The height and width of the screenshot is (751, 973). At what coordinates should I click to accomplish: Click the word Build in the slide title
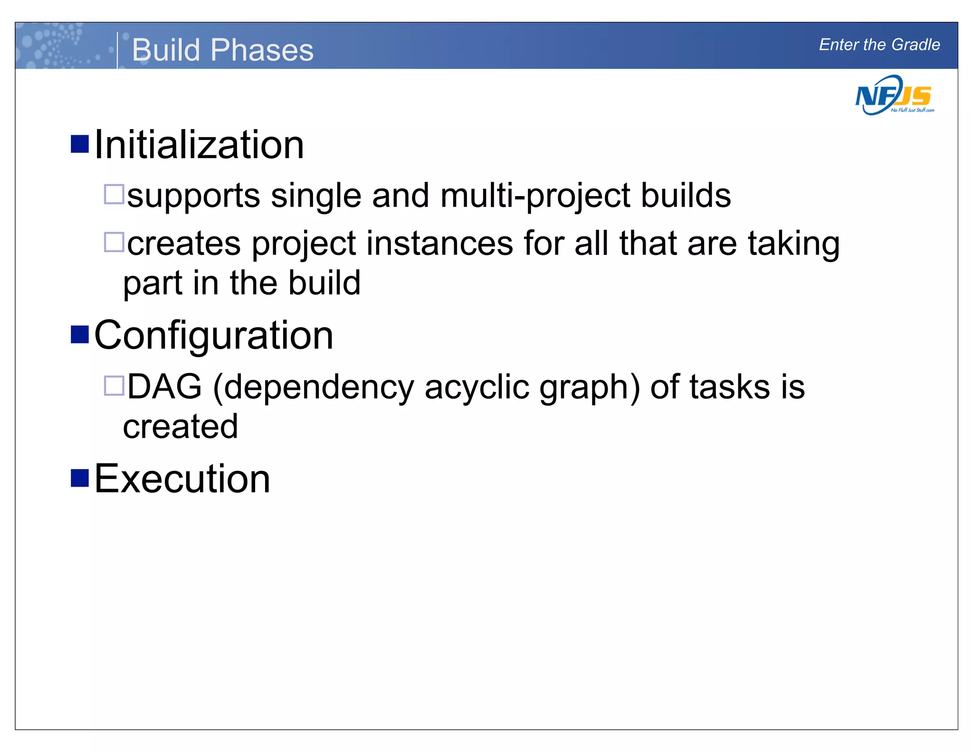tap(166, 50)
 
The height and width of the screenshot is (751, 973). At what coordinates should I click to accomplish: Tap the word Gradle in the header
tap(916, 45)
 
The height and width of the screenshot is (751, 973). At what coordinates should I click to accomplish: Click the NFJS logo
tap(894, 96)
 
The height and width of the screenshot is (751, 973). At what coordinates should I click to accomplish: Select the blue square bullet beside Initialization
tap(80, 144)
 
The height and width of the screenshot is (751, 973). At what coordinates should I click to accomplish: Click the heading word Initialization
tap(199, 145)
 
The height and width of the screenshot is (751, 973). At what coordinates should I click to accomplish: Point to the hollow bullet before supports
tap(114, 194)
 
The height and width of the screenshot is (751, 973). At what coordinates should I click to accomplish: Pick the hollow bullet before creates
tap(114, 242)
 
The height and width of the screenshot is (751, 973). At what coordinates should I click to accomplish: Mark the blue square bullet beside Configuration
tap(80, 334)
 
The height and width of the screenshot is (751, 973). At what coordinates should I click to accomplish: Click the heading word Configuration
tap(214, 336)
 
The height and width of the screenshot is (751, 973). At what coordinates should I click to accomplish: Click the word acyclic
tap(477, 387)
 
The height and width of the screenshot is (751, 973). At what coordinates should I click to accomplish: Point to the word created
tap(181, 426)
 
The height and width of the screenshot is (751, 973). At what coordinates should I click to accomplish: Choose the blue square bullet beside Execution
tap(80, 478)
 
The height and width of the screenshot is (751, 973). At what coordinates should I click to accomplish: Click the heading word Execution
tap(182, 479)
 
